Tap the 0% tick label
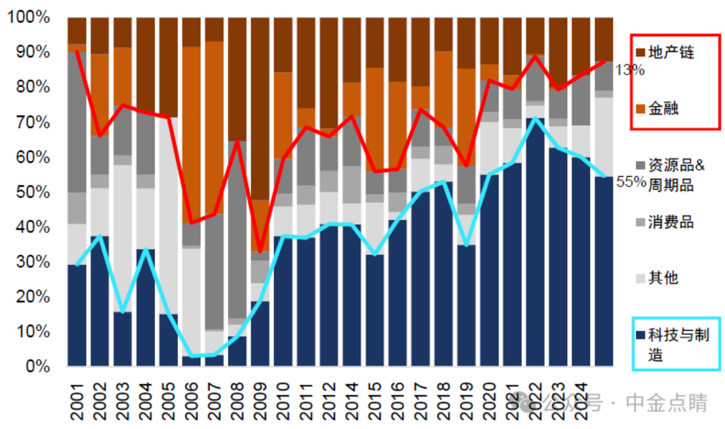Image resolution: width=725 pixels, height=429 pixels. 35,366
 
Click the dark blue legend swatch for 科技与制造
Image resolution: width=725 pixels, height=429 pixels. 640,335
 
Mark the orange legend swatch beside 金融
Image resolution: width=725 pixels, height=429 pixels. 640,109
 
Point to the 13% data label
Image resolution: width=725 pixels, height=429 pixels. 630,70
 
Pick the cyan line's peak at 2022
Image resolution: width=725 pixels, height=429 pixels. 535,118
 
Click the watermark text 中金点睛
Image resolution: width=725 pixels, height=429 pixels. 666,404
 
